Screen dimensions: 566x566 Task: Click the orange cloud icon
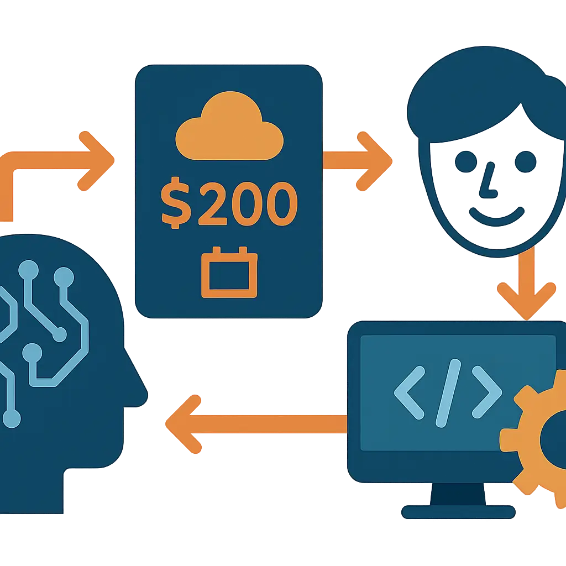(229, 127)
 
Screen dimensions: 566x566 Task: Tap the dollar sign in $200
(176, 203)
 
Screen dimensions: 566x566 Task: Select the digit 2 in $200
(213, 203)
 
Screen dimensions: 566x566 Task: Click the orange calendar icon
(229, 272)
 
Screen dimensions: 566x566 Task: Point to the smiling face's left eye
(465, 161)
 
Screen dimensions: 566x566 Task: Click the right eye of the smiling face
(525, 161)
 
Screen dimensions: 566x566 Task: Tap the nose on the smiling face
(488, 181)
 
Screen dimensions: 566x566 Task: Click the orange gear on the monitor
(534, 438)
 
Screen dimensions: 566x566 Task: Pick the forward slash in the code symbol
(448, 393)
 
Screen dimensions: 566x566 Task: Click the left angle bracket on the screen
(410, 393)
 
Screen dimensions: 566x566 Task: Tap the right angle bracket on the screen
(486, 393)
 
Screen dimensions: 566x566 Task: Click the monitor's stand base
(458, 512)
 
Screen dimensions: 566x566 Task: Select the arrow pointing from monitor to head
(256, 424)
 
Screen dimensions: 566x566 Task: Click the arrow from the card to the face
(358, 161)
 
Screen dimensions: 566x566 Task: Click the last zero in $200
(282, 203)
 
